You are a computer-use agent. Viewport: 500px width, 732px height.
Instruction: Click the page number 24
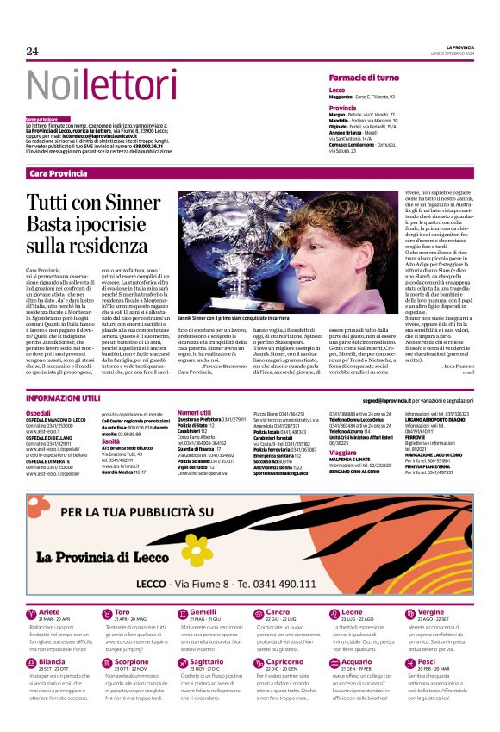click(33, 52)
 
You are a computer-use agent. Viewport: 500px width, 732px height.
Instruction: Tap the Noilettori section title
click(89, 84)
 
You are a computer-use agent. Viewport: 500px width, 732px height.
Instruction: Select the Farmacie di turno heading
click(364, 78)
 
